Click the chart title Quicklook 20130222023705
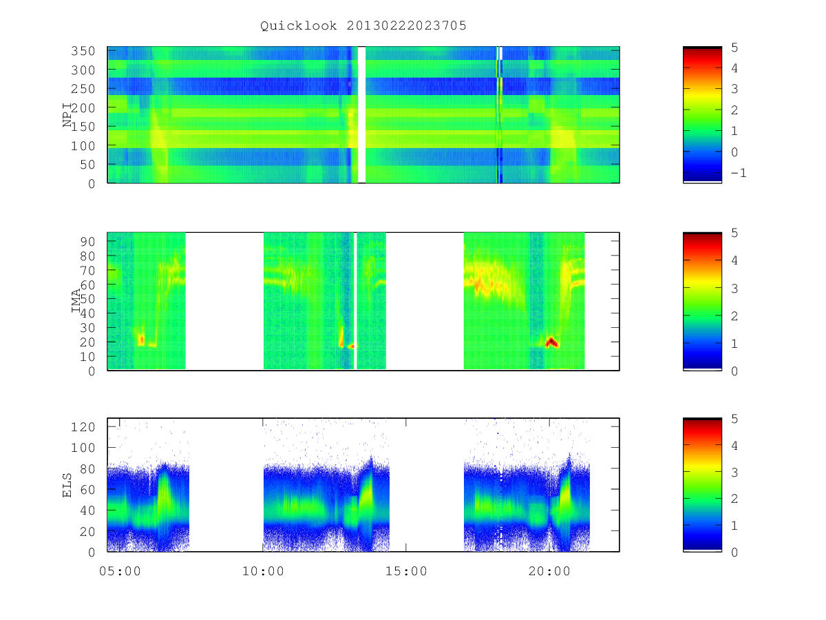pos(363,26)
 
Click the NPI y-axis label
pos(67,115)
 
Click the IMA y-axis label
pos(76,301)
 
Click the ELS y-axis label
pos(67,485)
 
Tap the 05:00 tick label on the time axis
pos(120,572)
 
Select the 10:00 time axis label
pos(263,572)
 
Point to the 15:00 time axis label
pos(406,572)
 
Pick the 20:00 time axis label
pos(549,572)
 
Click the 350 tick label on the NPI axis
pos(83,51)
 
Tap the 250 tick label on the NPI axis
pos(83,89)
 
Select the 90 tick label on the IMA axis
pos(87,242)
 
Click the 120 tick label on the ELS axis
pos(83,427)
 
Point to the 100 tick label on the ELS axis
pos(83,448)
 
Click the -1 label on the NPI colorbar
pos(739,173)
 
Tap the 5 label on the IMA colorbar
pos(734,233)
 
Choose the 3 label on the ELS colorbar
pos(734,473)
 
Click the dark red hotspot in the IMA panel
pos(551,342)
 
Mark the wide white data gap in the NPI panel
pos(361,115)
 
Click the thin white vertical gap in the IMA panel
pos(355,301)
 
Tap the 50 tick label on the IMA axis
pos(87,299)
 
